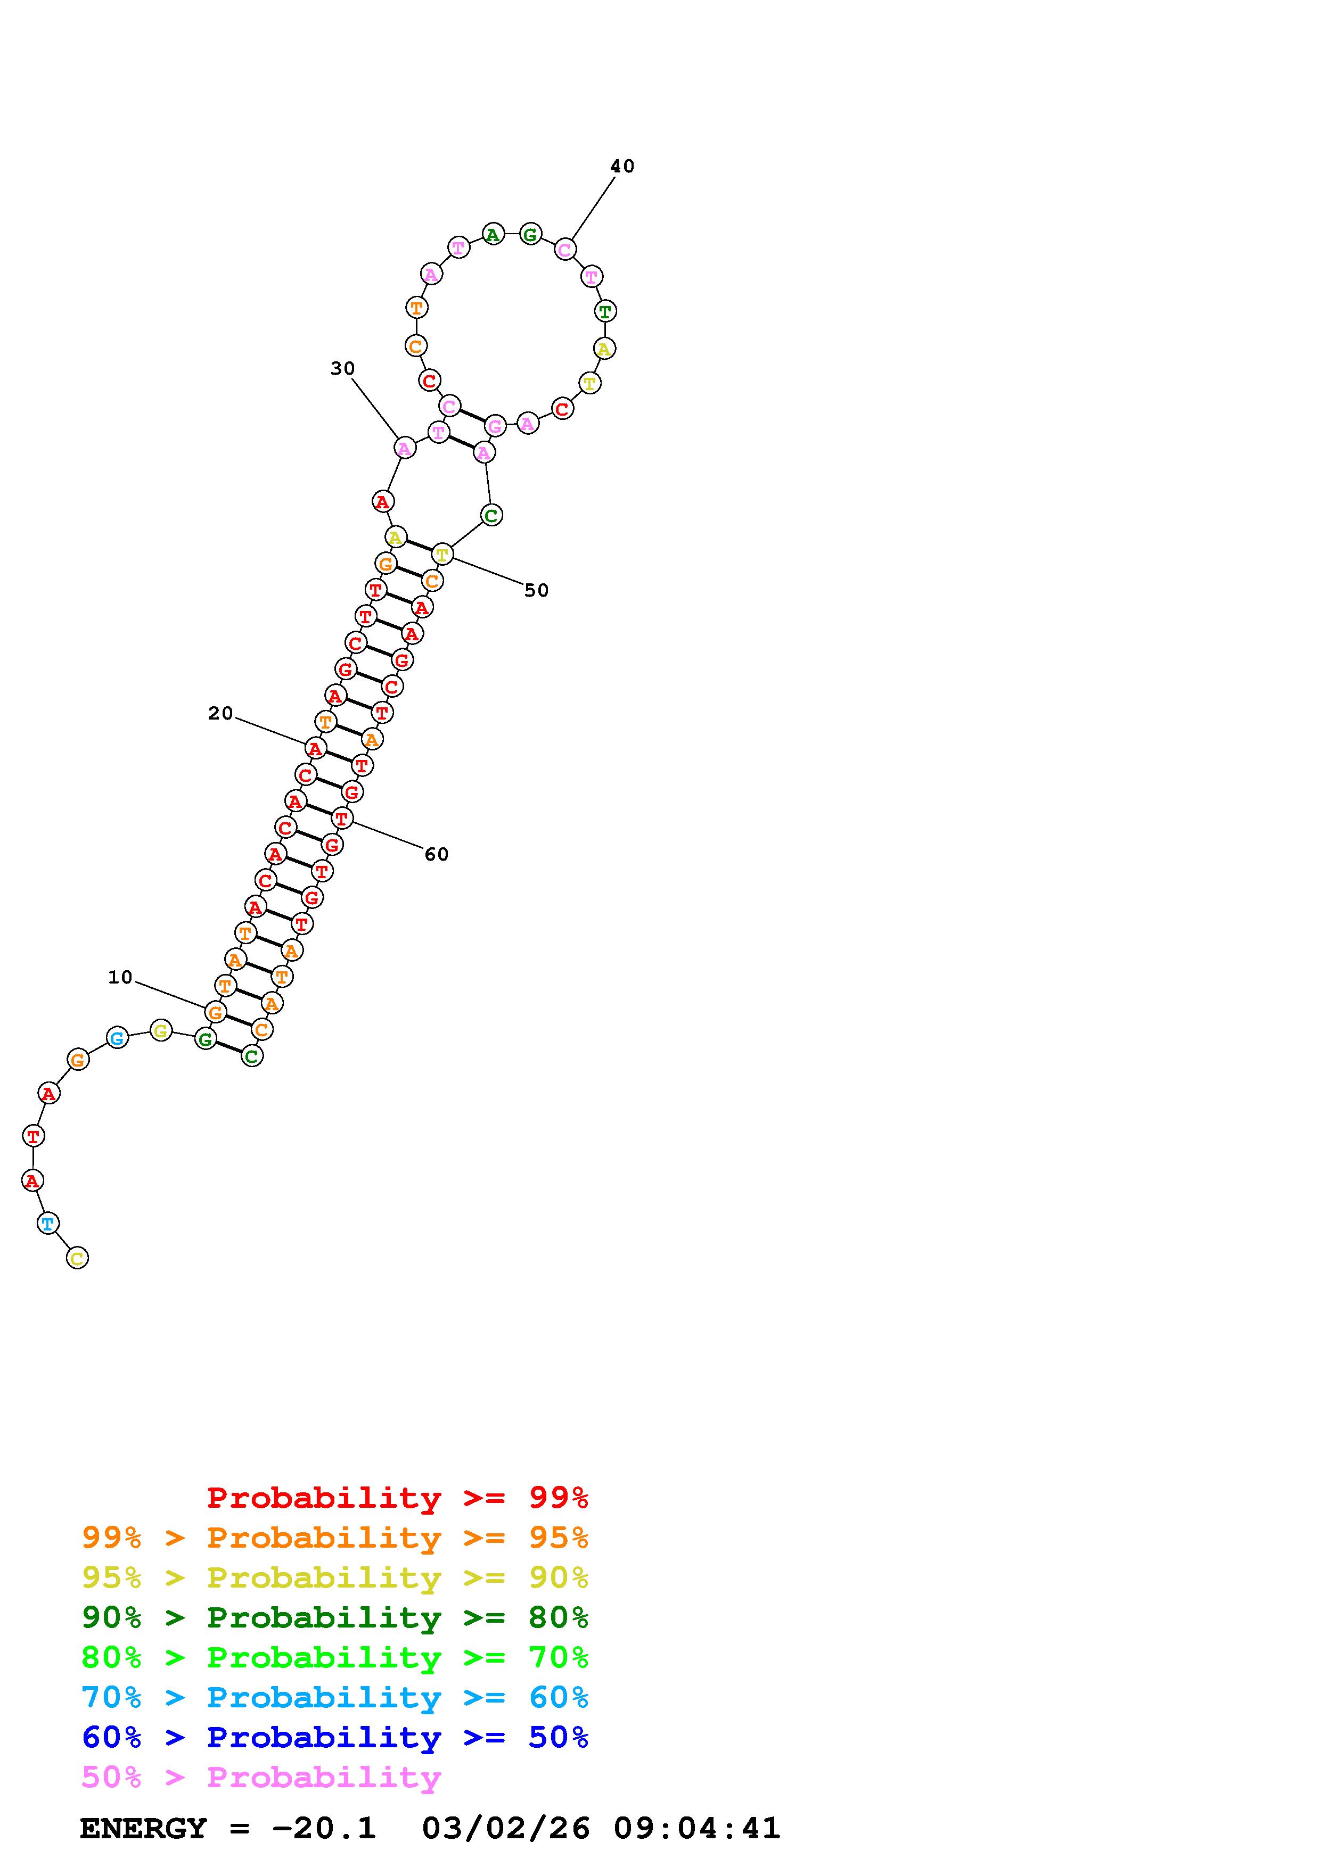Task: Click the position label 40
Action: (x=622, y=166)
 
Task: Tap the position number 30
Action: (x=342, y=368)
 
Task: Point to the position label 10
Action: (x=120, y=978)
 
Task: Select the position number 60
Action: (x=437, y=854)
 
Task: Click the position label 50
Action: (x=537, y=590)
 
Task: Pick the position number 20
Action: (x=220, y=713)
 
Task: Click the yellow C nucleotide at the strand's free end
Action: (x=77, y=1258)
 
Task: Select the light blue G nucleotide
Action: (x=117, y=1038)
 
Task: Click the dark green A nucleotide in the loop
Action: (x=492, y=235)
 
